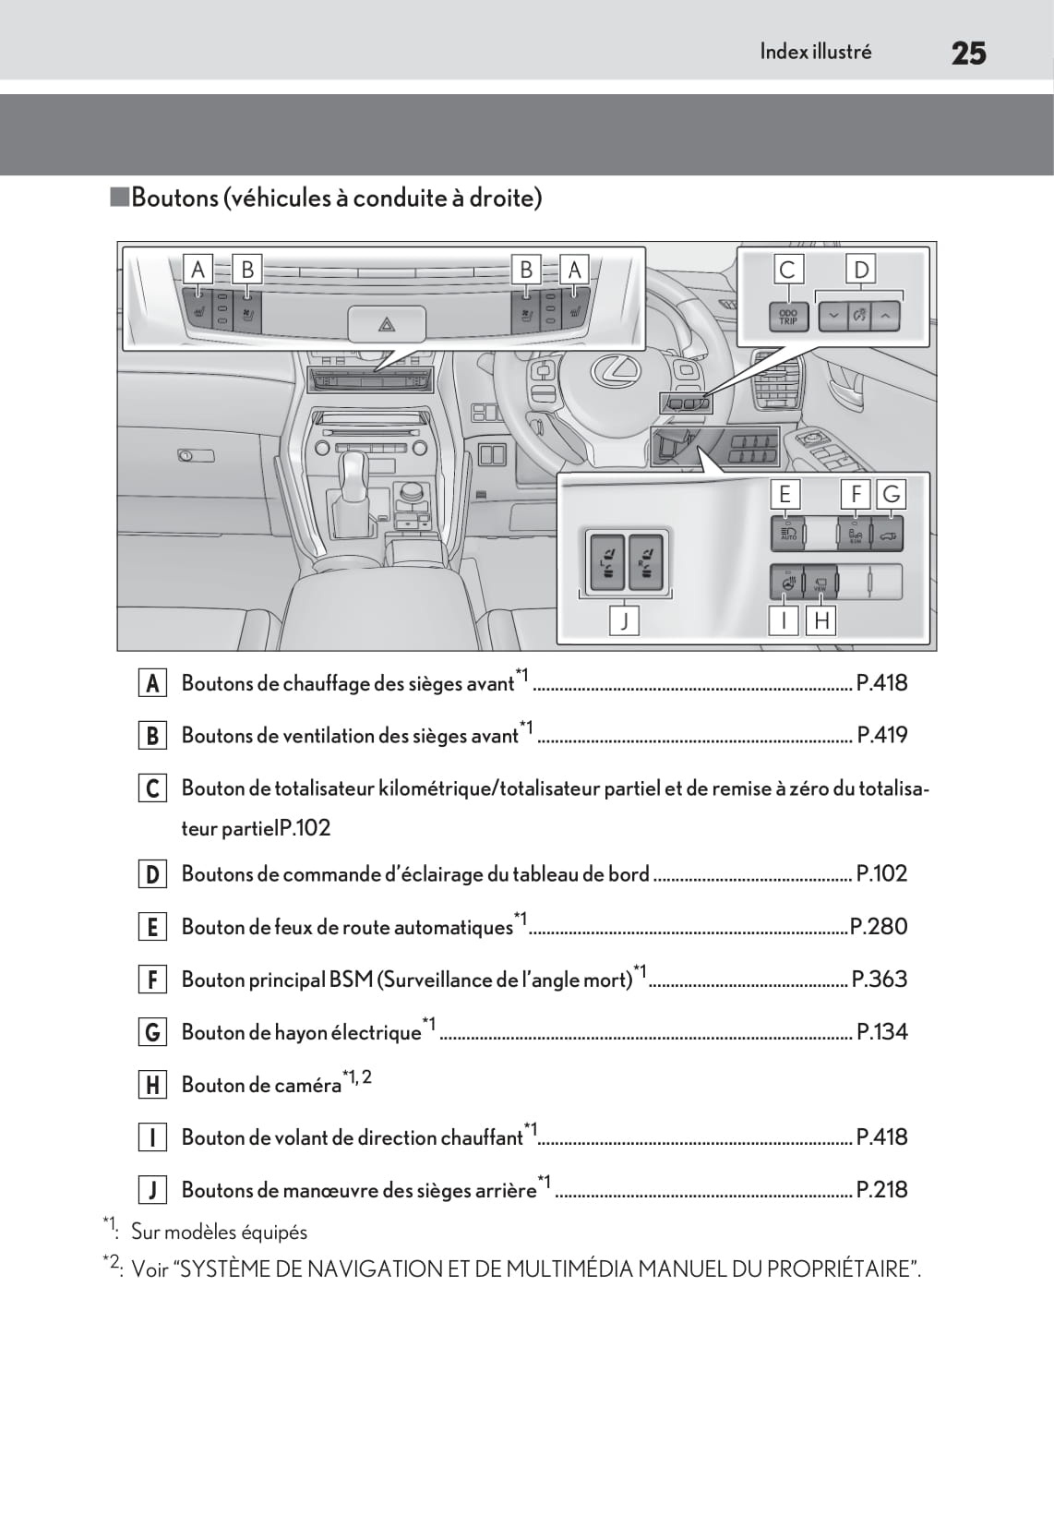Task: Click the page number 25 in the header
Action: (968, 53)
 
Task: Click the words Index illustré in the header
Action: (815, 52)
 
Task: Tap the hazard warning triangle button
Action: (387, 324)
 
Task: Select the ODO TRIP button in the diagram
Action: (787, 317)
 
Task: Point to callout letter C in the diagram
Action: (787, 270)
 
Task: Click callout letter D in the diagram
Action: (861, 270)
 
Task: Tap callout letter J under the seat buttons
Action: (625, 621)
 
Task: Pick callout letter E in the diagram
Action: (785, 494)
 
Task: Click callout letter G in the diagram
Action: (891, 494)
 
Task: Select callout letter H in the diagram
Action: (820, 621)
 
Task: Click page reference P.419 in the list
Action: (881, 735)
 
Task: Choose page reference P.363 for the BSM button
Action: (879, 979)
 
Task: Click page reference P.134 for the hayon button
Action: (881, 1031)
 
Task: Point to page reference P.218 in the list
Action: (881, 1189)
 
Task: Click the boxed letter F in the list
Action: (152, 980)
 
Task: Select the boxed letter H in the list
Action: (152, 1085)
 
